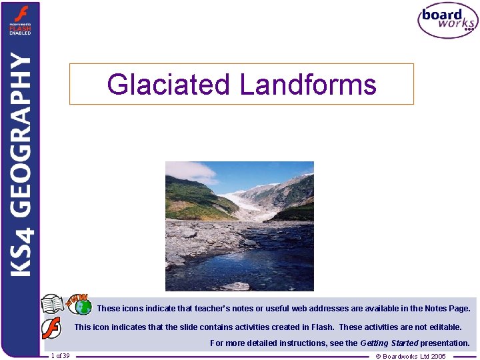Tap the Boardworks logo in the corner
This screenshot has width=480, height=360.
tap(447, 20)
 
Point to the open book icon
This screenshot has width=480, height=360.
tap(53, 305)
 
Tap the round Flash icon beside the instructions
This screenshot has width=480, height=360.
tap(52, 329)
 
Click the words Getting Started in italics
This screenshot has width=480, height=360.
tap(389, 343)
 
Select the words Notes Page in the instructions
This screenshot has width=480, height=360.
tap(447, 309)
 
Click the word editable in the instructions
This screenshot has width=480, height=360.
tap(445, 327)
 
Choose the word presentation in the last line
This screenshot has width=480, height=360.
tap(445, 343)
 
